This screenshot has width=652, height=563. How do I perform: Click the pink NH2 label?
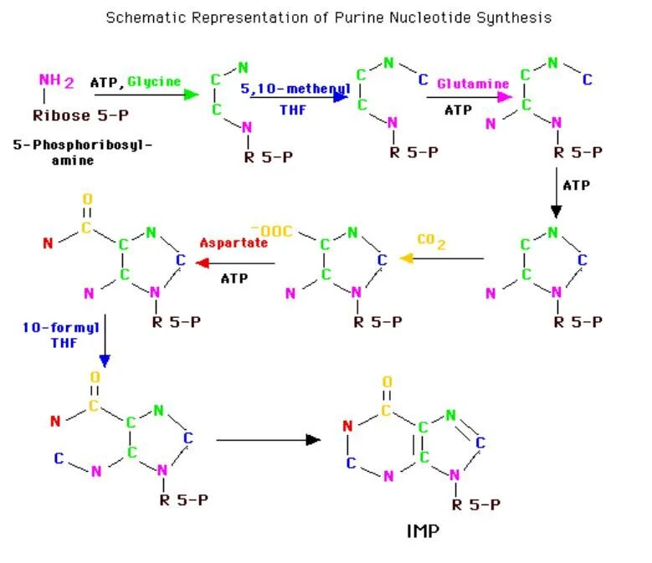56,81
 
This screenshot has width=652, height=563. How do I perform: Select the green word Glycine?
154,81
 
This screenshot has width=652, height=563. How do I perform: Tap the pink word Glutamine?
473,84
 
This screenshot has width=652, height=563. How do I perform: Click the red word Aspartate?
234,243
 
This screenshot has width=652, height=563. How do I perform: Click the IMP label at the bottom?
424,531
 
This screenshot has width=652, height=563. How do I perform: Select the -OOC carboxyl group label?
270,229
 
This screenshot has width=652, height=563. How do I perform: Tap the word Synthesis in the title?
518,18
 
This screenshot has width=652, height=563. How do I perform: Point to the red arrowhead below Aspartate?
202,263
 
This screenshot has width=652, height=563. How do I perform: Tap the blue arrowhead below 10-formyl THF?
105,360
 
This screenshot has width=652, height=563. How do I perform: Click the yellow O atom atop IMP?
387,381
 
